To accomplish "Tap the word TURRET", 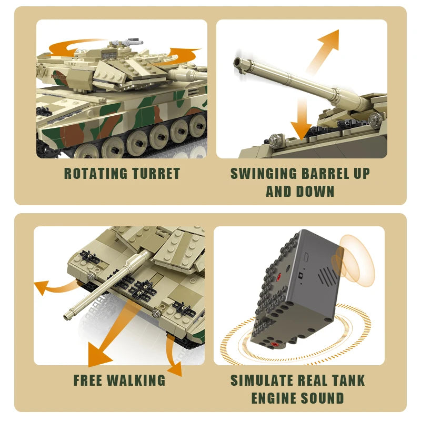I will tap(154, 174).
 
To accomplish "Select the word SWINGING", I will tap(264, 174).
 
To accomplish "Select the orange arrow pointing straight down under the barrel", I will tap(301, 118).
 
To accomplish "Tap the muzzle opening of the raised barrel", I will tap(240, 63).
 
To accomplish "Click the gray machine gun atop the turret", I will tap(129, 41).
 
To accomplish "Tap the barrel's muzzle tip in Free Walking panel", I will tap(68, 316).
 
